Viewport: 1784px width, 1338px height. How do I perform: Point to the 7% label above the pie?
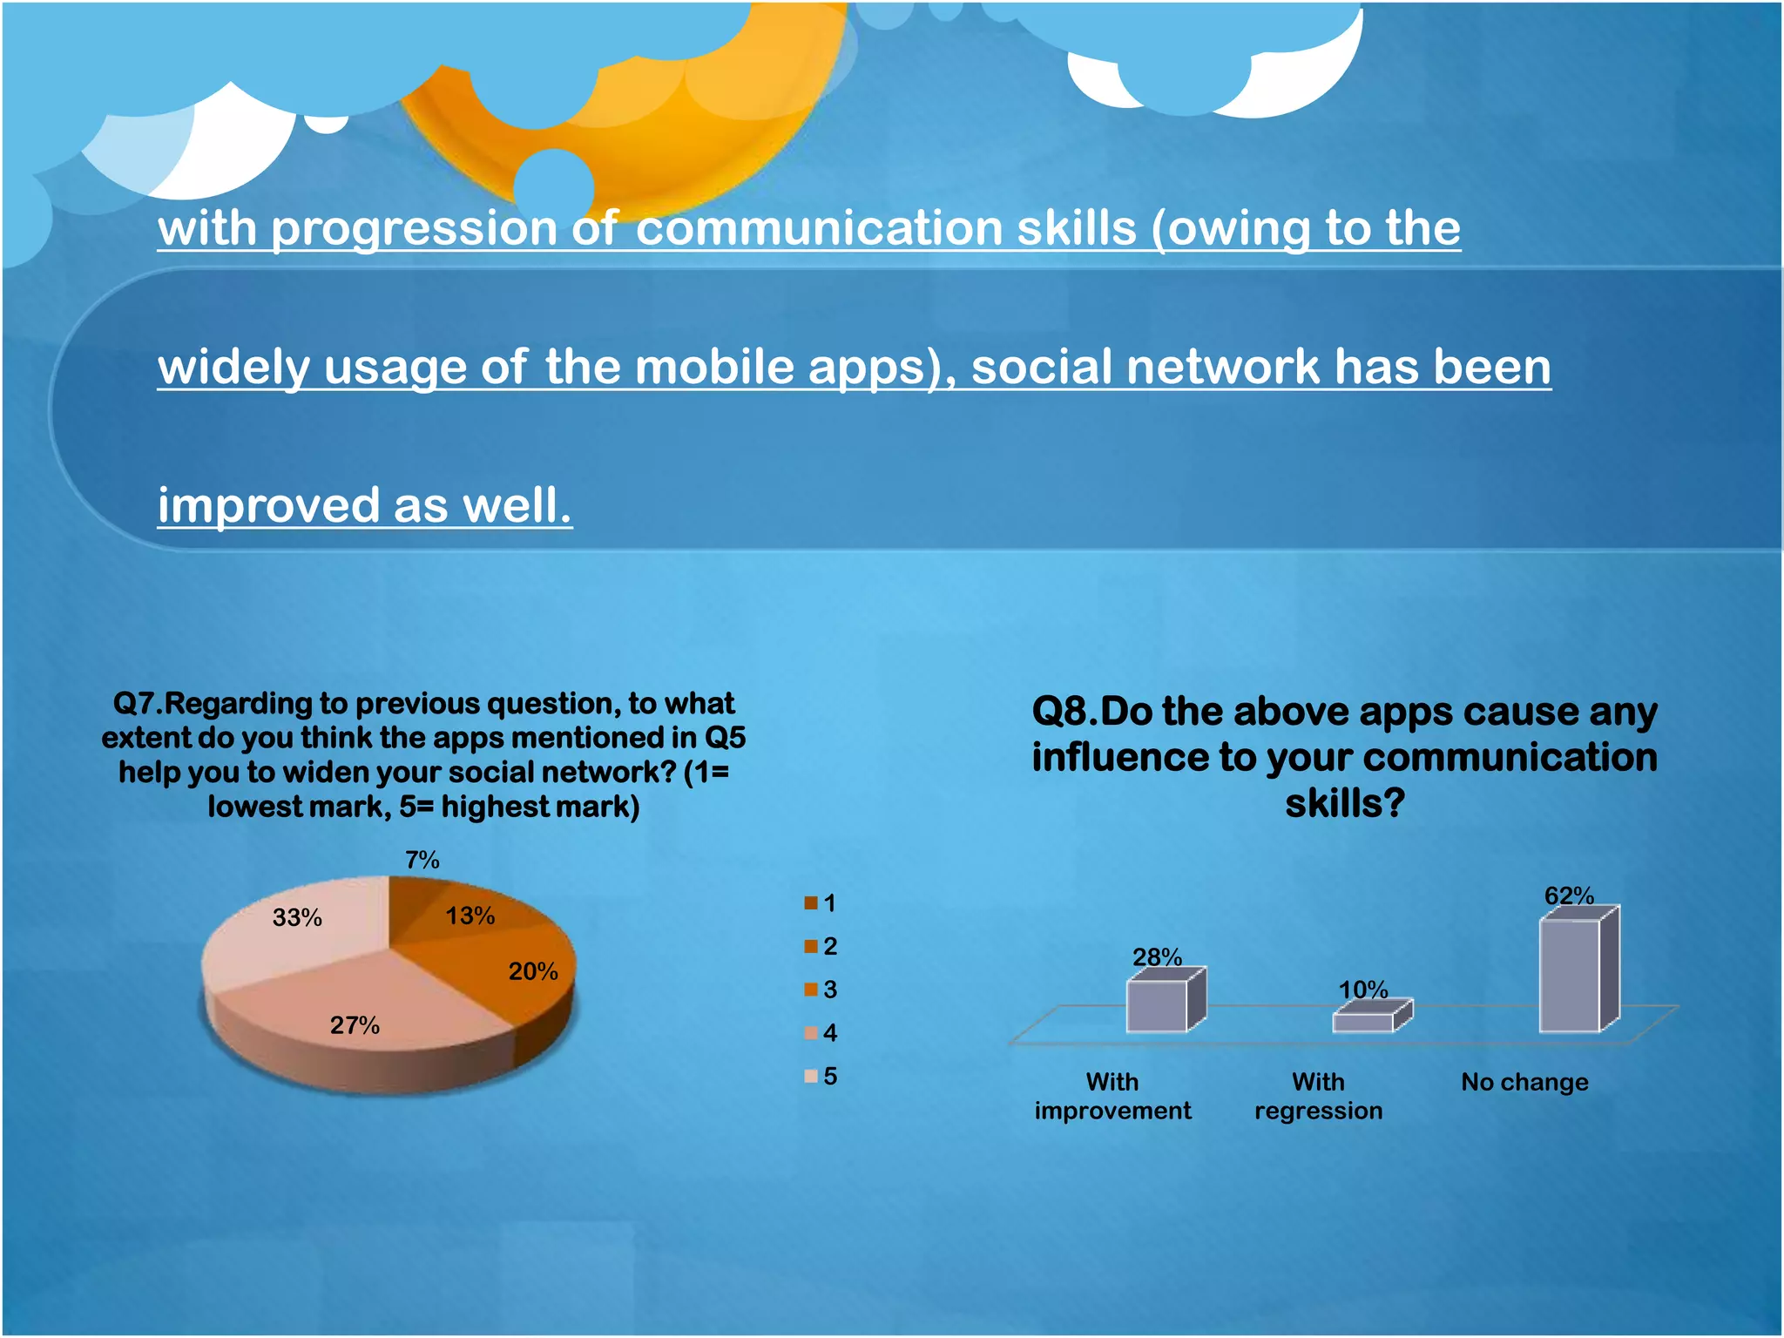(422, 861)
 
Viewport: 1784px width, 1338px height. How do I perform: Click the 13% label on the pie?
(470, 916)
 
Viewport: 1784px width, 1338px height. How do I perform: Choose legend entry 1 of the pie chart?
(821, 903)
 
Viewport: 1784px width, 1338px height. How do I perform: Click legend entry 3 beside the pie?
(821, 990)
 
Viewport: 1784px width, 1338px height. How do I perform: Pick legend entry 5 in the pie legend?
(821, 1076)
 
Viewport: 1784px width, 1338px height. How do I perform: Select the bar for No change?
(1570, 976)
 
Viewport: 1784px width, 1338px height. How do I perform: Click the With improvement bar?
(1157, 1006)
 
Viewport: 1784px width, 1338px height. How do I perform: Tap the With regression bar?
(1364, 1022)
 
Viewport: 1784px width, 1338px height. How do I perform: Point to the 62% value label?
(1569, 895)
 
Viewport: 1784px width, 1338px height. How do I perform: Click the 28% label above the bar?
(1157, 957)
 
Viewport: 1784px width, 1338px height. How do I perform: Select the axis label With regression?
(1318, 1096)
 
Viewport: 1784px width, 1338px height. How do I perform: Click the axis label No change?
(1524, 1082)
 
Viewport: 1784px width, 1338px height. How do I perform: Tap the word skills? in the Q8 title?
(1345, 803)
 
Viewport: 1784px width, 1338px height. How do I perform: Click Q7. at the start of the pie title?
(138, 704)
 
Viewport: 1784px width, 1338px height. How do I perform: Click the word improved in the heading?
(268, 506)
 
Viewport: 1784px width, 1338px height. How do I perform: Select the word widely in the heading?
(233, 368)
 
